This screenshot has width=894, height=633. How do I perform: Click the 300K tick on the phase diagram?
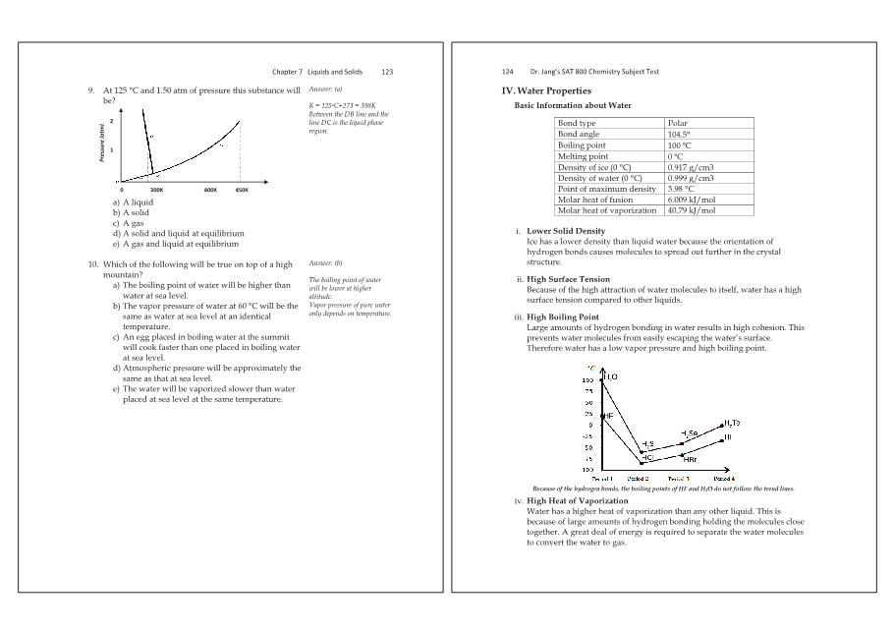(x=156, y=189)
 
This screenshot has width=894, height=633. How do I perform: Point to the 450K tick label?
(x=241, y=189)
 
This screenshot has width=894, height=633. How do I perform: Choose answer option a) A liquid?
(x=133, y=202)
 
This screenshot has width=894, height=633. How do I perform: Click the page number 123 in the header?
(x=387, y=72)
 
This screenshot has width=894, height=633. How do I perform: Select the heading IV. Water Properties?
(x=546, y=90)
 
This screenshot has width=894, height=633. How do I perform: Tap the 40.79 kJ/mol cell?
(x=691, y=210)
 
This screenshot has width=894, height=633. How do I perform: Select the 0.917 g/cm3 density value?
(x=690, y=167)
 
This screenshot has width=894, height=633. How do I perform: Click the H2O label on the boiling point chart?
(x=610, y=376)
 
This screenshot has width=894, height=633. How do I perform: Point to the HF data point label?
(x=607, y=416)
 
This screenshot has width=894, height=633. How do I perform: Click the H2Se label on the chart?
(x=689, y=433)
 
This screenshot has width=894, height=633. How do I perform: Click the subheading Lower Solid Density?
(x=566, y=231)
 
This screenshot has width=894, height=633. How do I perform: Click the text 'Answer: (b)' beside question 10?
(x=325, y=263)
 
